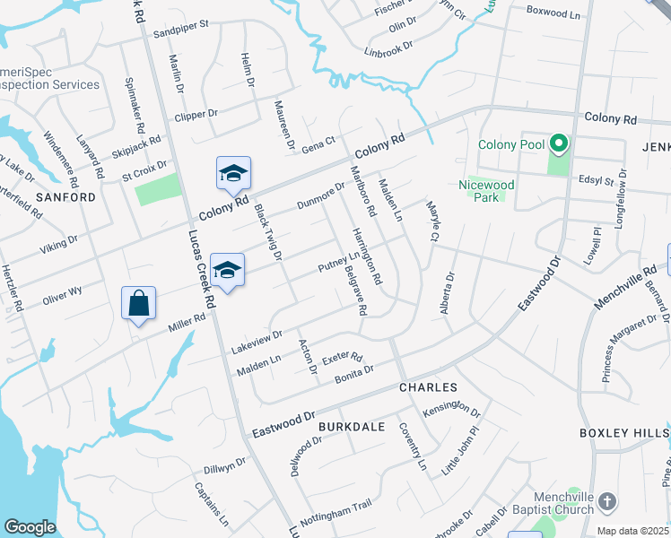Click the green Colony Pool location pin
558,143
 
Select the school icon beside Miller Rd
228,270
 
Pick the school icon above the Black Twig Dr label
233,173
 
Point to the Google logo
30,527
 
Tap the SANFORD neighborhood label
65,196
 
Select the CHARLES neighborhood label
428,387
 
